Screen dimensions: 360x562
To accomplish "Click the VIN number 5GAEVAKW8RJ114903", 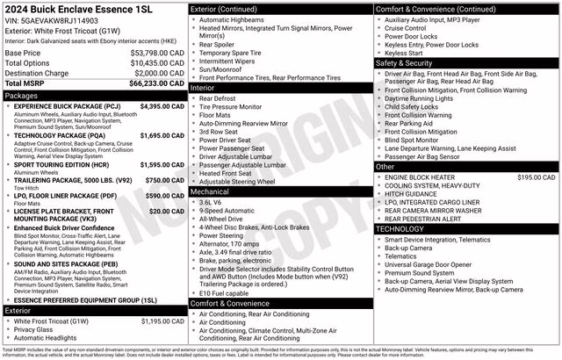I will (x=61, y=19).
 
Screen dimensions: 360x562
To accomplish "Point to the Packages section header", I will (x=21, y=95).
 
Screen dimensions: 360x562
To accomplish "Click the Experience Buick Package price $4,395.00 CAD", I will (x=162, y=106).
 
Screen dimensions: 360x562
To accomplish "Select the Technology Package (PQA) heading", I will (x=60, y=136).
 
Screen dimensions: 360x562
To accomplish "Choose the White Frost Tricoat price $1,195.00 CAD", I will (x=162, y=321).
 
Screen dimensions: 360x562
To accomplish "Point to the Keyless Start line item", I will (x=409, y=52).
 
